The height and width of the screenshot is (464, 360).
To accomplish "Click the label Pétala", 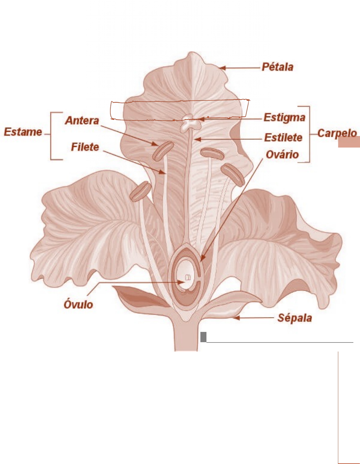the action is point(277,67).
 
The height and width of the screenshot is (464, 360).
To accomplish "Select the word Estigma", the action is point(284,117).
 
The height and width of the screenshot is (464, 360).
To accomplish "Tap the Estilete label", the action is point(283,138).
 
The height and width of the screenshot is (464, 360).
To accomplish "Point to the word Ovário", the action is point(282,154).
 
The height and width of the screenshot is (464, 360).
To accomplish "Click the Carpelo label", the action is point(337,133).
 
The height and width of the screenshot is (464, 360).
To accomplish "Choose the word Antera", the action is point(82,121).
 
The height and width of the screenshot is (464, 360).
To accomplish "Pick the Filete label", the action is point(85,147).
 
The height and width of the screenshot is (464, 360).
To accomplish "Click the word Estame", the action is point(23,132).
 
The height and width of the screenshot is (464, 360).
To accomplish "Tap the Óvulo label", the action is point(78,304).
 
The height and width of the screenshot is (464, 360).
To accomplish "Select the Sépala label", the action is point(295,318).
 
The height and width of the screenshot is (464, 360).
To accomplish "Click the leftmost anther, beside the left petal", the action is point(141,191).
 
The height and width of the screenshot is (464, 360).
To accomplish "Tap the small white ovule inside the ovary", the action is point(187,277).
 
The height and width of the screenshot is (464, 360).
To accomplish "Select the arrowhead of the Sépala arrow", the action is point(236,318).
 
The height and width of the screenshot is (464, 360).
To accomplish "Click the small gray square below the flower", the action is point(203,337).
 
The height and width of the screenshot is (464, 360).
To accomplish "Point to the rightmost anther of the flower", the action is point(232,175).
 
